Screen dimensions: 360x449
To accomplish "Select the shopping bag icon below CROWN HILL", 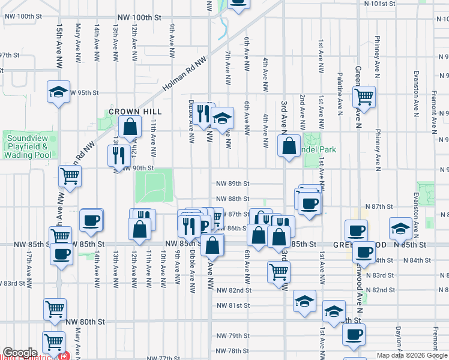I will tap(130, 127).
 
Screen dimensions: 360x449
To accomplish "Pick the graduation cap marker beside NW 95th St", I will tap(58, 92).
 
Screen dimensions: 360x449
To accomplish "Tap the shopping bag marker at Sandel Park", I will tap(289, 145).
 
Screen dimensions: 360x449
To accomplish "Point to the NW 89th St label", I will tap(233, 184).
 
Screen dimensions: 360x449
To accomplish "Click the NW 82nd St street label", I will tap(233, 290).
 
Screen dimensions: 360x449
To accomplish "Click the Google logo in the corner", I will tap(19, 353).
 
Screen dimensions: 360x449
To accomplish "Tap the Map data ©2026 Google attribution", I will tap(412, 355).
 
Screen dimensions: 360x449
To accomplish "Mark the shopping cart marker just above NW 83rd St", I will tap(279, 271).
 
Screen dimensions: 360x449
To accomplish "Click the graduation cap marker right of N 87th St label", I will tap(400, 227).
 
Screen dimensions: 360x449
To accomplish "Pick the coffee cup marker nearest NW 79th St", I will tap(354, 334).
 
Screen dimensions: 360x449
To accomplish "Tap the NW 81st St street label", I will tap(233, 305).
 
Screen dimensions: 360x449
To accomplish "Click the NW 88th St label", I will tap(233, 199).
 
